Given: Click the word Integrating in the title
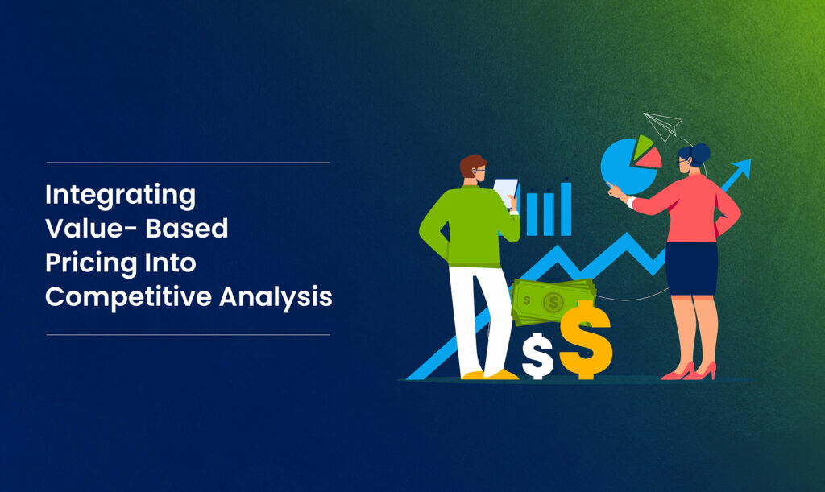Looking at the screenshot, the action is click(x=120, y=195).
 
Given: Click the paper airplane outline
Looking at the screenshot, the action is click(x=664, y=126).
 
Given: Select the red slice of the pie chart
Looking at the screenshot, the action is click(x=649, y=158).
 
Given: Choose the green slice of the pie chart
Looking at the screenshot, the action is click(x=642, y=146).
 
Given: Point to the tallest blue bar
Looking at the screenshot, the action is click(x=566, y=208).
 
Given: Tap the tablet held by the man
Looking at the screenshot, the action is click(x=506, y=192).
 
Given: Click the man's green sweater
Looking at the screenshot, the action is click(x=466, y=225).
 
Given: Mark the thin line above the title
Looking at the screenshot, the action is click(x=188, y=163).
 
